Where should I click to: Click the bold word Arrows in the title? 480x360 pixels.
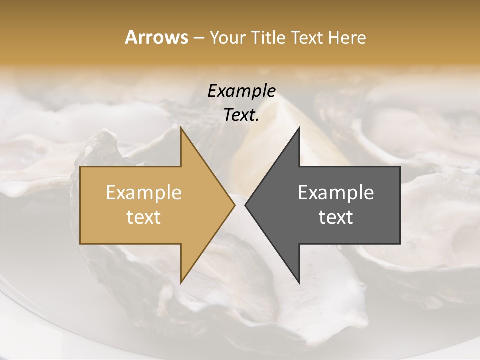156,37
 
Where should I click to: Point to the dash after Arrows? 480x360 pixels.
198,38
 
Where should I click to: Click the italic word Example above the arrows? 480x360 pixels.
242,91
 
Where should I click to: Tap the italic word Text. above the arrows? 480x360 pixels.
242,115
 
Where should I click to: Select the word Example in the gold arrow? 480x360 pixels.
144,193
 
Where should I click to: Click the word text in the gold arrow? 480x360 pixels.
144,217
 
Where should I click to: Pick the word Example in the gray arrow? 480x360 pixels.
336,193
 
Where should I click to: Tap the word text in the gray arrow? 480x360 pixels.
336,217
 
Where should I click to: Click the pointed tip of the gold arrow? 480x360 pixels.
235,205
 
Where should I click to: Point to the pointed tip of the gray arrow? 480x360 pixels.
245,205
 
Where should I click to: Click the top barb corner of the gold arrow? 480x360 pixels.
181,128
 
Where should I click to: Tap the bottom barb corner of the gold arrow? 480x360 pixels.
181,283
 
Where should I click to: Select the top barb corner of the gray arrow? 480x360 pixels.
299,128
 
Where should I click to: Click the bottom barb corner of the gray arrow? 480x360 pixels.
299,283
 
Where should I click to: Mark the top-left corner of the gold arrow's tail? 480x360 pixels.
80,167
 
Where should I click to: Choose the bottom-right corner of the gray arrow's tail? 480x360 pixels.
400,244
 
